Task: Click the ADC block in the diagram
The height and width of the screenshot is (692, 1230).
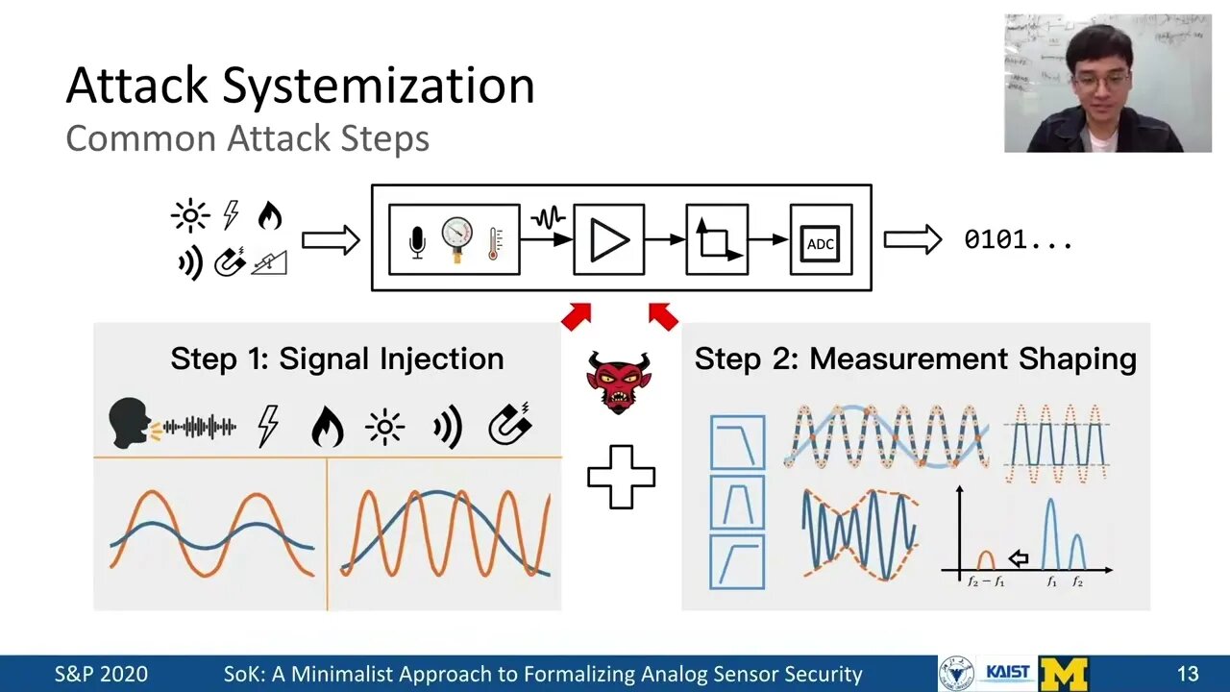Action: click(x=821, y=240)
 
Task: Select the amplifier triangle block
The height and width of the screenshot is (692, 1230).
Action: click(x=609, y=240)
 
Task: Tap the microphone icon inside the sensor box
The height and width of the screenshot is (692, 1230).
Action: click(x=417, y=240)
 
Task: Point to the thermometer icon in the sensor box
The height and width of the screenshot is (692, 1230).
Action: click(x=496, y=240)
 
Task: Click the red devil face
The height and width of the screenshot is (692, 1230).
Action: click(x=618, y=381)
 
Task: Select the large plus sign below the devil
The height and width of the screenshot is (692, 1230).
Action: click(x=621, y=476)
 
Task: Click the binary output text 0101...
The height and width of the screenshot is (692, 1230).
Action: click(x=1018, y=240)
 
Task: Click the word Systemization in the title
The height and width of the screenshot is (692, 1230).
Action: click(x=379, y=86)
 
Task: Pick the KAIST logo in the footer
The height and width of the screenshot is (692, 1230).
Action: click(x=1007, y=674)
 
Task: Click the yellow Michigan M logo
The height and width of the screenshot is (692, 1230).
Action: click(x=1064, y=674)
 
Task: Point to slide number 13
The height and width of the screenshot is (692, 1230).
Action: click(x=1187, y=674)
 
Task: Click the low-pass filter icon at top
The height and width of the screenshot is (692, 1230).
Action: click(x=738, y=442)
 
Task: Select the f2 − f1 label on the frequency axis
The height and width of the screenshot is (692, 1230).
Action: click(x=985, y=582)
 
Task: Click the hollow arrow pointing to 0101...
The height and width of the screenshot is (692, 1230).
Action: click(x=912, y=240)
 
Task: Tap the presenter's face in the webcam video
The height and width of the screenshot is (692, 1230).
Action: click(x=1096, y=73)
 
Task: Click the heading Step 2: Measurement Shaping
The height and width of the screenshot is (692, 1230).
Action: click(x=915, y=359)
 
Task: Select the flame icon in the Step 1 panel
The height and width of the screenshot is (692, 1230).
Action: click(x=327, y=426)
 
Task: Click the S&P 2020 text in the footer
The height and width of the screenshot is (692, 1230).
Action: click(x=101, y=674)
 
